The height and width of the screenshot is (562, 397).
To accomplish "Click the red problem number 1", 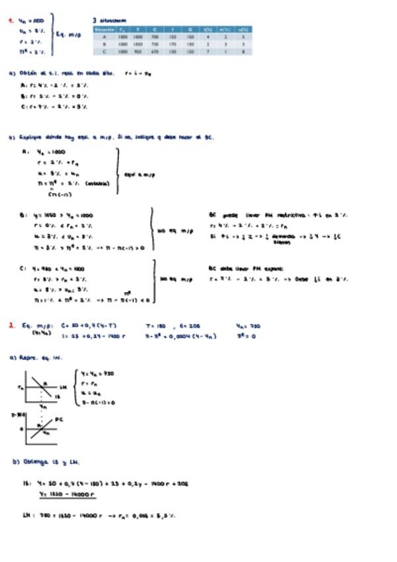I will [x=11, y=21].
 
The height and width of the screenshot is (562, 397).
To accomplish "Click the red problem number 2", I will [x=11, y=325].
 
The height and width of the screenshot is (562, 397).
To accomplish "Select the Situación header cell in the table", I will [x=105, y=29].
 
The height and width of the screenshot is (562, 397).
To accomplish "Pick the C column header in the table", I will [x=155, y=29].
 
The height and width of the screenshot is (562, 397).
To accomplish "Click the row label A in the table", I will [x=105, y=36].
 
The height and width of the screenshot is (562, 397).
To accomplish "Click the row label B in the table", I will [x=105, y=44].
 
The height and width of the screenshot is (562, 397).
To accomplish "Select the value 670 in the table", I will [x=155, y=51].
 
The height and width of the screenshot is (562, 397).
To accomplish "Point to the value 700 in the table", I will [x=155, y=36].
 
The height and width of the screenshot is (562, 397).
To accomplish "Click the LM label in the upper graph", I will [x=63, y=386].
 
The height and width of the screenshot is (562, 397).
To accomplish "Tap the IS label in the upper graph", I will [x=57, y=396].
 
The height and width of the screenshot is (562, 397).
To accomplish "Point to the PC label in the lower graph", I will [x=59, y=419].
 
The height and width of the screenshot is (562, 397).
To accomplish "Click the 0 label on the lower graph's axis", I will [x=21, y=429].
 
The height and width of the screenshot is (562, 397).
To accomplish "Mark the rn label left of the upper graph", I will [x=21, y=386].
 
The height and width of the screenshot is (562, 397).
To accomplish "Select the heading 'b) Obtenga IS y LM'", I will [x=46, y=462].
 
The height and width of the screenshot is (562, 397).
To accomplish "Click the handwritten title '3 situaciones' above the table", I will [x=110, y=21].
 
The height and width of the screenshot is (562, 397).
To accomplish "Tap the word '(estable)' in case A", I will [x=97, y=184].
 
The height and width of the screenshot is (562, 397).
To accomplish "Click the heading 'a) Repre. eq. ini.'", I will [x=36, y=358].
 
